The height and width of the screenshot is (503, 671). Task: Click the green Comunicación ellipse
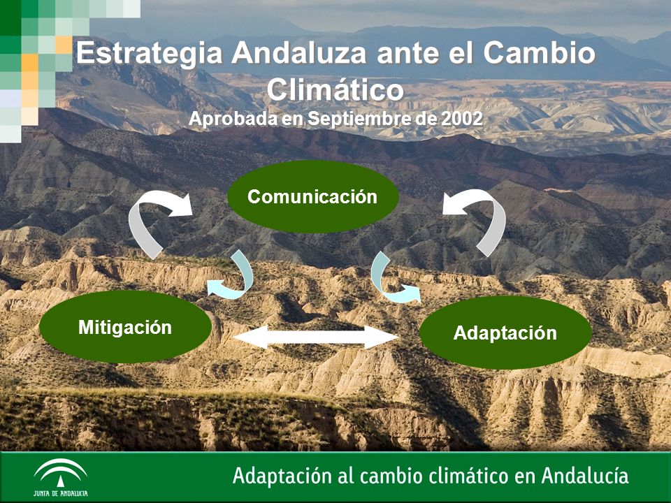coord(313,197)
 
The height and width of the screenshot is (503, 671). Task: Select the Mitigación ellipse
coord(125,327)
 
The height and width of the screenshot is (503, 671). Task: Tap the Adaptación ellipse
coord(505,333)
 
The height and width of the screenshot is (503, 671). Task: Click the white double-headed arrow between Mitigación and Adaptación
coord(316,337)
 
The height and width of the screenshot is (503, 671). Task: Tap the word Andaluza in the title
coord(299,53)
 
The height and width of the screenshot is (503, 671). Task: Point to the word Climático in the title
coord(335,90)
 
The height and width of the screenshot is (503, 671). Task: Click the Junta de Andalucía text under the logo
coord(60,493)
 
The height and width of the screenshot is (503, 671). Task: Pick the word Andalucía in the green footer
coord(584,475)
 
